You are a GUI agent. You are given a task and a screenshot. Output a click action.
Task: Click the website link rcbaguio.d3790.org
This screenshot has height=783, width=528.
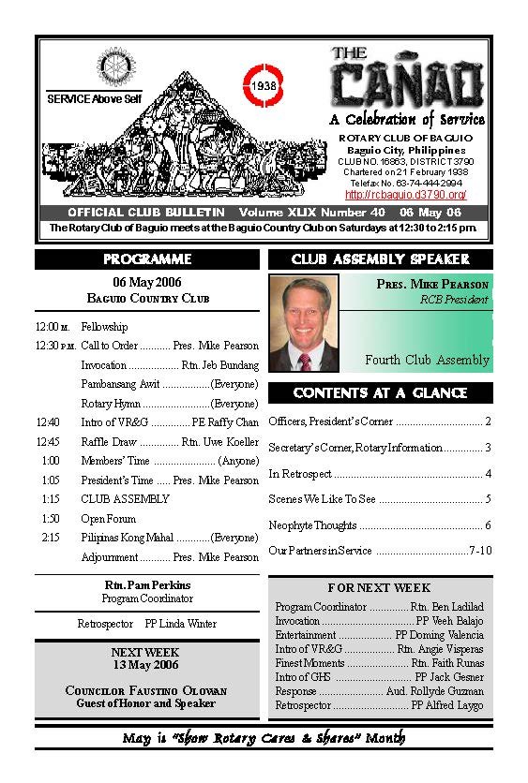406,195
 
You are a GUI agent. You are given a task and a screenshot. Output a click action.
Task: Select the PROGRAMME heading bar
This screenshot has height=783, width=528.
147,259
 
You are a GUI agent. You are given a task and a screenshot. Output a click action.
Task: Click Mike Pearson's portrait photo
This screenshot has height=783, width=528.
304,323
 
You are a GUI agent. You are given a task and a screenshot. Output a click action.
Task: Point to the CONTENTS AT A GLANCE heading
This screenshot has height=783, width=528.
380,392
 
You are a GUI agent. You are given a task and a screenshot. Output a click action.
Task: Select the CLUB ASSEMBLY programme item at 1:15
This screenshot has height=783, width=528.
125,499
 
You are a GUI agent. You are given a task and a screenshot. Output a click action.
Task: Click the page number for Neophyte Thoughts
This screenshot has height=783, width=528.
488,525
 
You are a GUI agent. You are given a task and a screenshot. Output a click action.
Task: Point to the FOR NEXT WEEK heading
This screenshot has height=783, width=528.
380,588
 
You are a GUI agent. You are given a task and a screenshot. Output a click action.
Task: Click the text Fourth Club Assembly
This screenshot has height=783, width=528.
427,360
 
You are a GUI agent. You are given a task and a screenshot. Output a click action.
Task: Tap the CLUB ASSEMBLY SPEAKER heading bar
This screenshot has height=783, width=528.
380,259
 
